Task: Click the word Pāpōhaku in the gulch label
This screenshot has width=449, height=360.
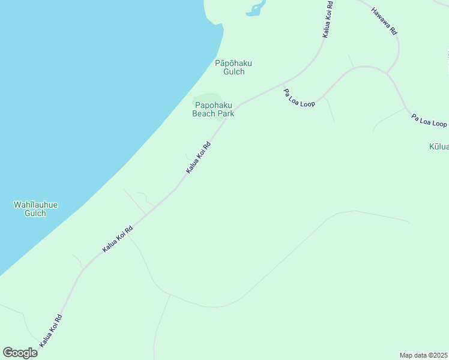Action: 234,63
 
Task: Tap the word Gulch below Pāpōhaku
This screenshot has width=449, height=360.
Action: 234,71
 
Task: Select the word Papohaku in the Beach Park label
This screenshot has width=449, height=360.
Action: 213,104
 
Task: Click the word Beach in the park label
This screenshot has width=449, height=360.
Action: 204,113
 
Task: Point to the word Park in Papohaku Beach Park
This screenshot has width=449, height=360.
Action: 226,113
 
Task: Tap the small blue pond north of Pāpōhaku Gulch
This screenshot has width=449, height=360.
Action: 256,8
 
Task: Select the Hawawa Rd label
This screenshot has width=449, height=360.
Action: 384,20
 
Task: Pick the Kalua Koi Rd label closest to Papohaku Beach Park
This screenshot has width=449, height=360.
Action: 198,158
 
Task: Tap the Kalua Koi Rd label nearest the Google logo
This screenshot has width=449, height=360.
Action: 51,331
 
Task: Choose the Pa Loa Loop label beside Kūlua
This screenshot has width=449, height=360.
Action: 429,120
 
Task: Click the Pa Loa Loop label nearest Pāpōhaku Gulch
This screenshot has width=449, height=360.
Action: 299,98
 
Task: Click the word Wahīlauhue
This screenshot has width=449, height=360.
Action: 36,205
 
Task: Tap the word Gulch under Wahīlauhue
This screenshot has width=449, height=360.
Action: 36,213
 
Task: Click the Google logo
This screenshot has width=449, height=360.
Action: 20,353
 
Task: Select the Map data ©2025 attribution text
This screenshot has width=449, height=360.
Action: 424,355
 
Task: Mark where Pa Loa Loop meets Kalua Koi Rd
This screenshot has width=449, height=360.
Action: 283,83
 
